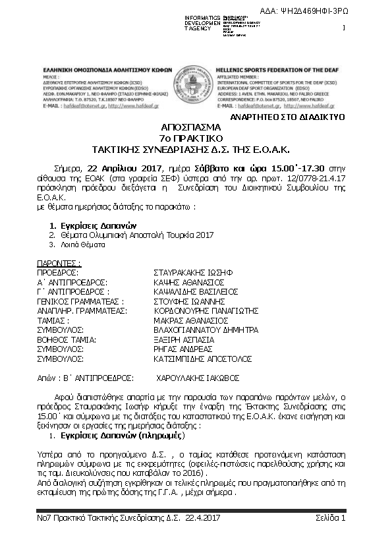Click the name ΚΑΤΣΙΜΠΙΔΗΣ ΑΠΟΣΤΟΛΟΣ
click(198, 359)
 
